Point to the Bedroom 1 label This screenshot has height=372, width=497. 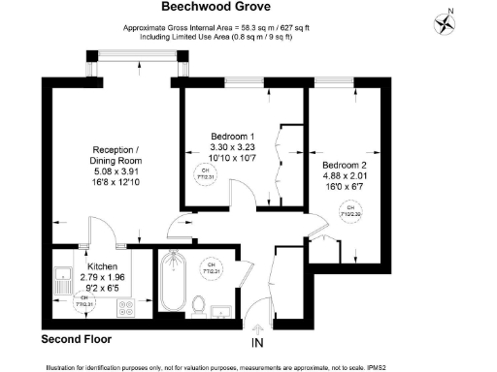click(232, 136)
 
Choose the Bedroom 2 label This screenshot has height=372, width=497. click(345, 166)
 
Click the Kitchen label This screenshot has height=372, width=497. click(103, 266)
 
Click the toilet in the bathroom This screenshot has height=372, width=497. click(197, 305)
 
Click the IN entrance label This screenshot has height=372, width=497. click(257, 343)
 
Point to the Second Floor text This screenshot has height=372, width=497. click(76, 339)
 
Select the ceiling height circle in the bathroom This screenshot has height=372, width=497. click(209, 266)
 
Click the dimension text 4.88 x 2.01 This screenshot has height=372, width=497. click(345, 177)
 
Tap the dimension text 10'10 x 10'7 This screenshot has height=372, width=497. click(232, 157)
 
